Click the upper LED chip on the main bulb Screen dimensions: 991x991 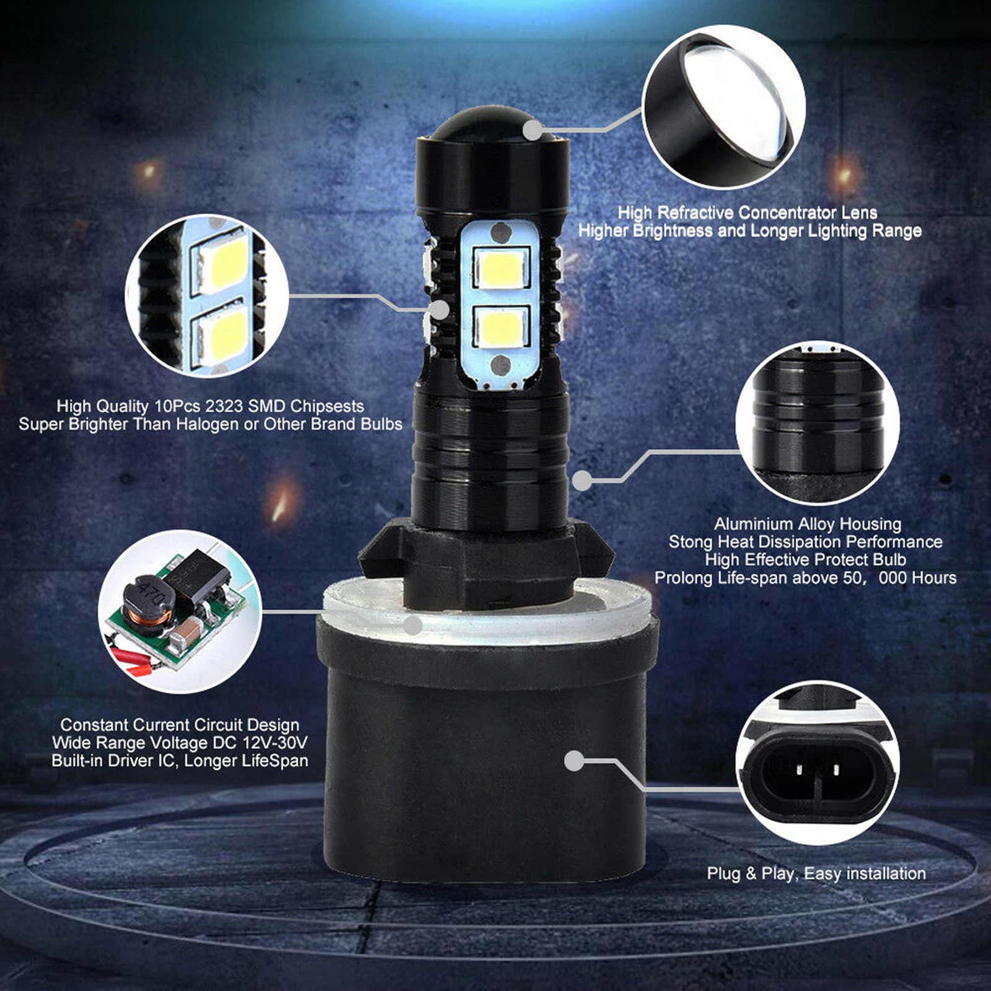point(502,268)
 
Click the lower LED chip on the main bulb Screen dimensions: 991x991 point(502,326)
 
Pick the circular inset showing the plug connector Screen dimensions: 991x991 point(817,762)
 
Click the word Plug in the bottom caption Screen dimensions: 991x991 point(724,874)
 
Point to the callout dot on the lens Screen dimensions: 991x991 point(533,131)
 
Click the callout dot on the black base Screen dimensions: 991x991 point(574,761)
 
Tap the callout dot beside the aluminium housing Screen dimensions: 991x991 point(581,480)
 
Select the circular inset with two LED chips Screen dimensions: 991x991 point(207,295)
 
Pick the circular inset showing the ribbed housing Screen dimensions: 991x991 point(817,422)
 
